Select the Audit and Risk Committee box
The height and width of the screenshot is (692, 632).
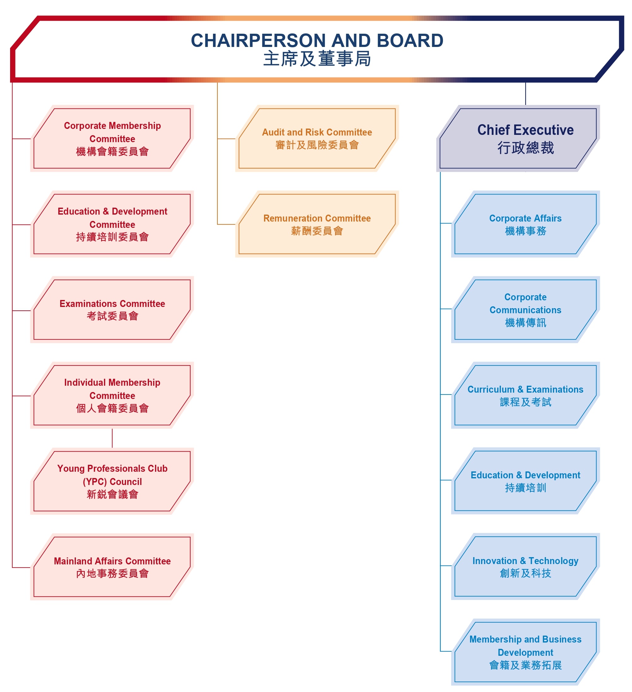point(317,139)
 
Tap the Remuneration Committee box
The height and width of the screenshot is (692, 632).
point(317,224)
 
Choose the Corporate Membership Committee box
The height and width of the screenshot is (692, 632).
point(112,139)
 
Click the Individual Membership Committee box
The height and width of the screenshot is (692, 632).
point(112,395)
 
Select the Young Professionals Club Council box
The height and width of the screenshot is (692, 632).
point(112,481)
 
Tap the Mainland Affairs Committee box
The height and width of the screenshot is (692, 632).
point(112,567)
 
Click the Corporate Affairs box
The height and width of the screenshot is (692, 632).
point(525,224)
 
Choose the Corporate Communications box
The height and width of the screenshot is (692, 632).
point(525,310)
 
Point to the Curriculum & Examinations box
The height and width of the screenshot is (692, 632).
point(525,395)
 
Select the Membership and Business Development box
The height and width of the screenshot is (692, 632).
point(525,652)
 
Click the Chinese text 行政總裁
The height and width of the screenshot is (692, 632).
point(525,148)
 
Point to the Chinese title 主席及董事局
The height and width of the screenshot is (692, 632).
point(317,59)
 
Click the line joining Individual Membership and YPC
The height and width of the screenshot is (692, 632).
point(112,438)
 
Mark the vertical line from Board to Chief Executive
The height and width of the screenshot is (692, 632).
point(525,94)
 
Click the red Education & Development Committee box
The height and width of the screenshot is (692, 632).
point(112,224)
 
